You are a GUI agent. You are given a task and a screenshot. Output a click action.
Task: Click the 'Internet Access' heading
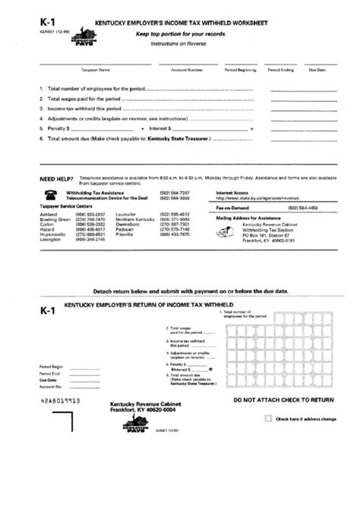(x=232, y=192)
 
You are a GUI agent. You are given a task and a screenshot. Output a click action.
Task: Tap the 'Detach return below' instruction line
(x=179, y=291)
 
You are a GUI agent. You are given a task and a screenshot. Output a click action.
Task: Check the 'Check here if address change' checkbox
(x=267, y=418)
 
